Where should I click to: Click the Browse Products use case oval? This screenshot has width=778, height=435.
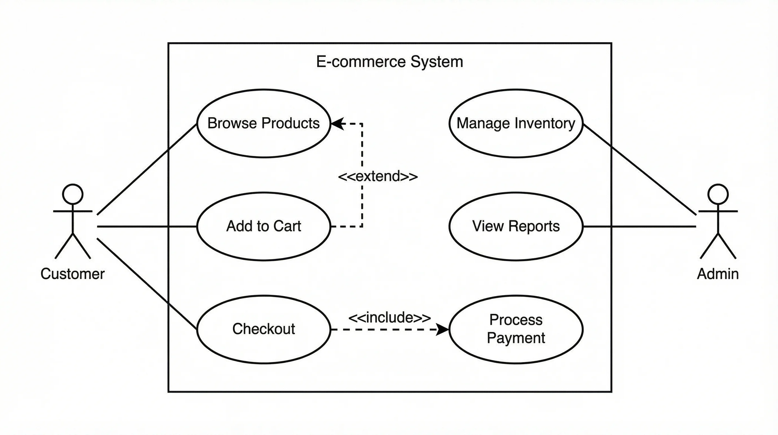click(263, 123)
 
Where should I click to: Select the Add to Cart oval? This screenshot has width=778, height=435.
click(263, 226)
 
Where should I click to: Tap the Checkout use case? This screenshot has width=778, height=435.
click(263, 329)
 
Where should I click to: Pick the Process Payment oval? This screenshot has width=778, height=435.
click(516, 329)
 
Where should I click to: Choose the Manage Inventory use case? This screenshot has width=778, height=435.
click(516, 123)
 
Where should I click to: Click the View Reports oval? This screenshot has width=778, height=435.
click(516, 226)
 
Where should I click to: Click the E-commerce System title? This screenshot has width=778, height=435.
click(390, 62)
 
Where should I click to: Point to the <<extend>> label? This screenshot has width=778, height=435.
click(378, 176)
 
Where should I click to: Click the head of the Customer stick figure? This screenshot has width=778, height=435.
click(73, 194)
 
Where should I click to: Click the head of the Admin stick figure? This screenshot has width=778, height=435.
click(718, 194)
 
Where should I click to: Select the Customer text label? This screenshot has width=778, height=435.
click(72, 274)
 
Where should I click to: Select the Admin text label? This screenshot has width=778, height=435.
click(718, 274)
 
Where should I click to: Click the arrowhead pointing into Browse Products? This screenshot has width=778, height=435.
click(337, 123)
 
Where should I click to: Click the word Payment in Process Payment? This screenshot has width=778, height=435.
click(516, 338)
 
